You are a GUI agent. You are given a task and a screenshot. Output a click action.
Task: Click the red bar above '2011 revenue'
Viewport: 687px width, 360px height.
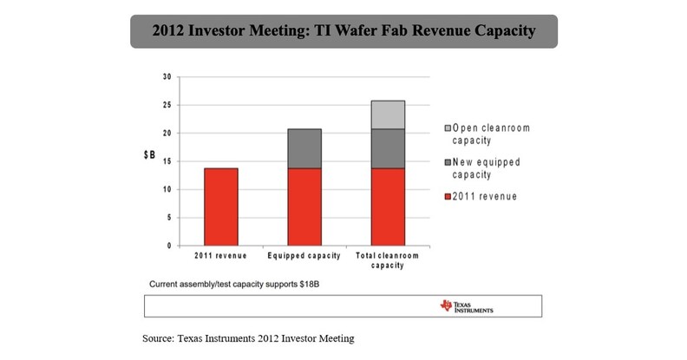[x=220, y=206]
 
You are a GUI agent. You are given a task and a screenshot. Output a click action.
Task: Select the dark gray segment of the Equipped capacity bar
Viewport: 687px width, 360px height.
[x=304, y=148]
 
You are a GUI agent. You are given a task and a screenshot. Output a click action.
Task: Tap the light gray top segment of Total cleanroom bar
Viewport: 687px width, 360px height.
[x=388, y=115]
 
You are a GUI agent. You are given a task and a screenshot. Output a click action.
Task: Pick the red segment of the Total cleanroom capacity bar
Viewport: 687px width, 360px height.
[x=388, y=206]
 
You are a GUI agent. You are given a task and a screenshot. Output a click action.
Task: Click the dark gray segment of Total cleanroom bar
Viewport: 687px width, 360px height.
[x=388, y=148]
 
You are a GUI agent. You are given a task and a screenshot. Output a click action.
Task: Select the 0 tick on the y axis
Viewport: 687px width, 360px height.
[x=167, y=245]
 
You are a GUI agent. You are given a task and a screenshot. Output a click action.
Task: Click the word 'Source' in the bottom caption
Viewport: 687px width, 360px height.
[x=160, y=337]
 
